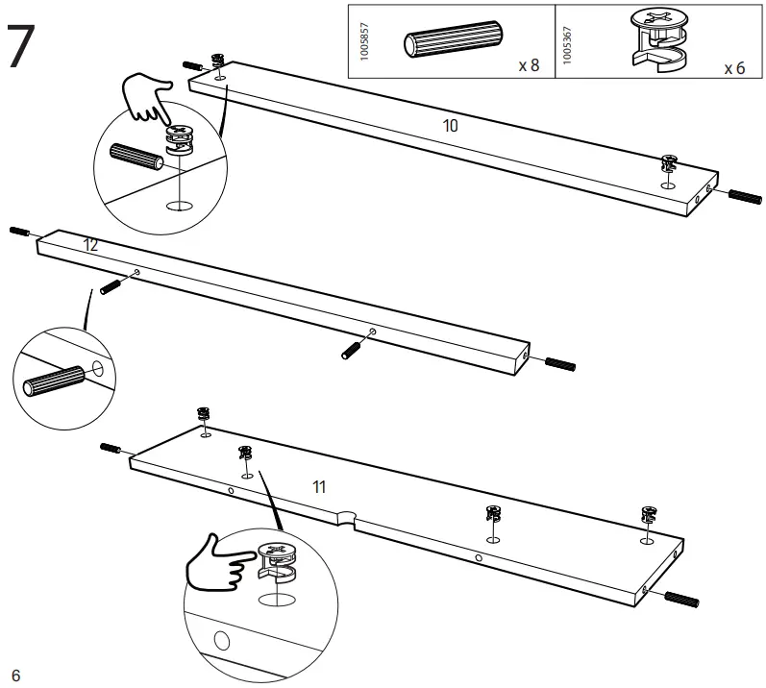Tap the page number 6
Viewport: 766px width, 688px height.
(15, 675)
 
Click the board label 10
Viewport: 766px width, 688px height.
(450, 126)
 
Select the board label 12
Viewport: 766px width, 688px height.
(91, 245)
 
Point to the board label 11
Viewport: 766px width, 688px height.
(319, 486)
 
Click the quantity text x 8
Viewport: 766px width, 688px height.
(528, 65)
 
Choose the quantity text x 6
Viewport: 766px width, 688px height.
(734, 68)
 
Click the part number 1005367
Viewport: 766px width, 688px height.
(567, 42)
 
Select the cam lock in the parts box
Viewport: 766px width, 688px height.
(662, 40)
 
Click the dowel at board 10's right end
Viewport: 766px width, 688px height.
(745, 196)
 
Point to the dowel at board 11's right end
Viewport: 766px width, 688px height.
(681, 599)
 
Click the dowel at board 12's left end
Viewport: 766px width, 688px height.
(20, 232)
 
